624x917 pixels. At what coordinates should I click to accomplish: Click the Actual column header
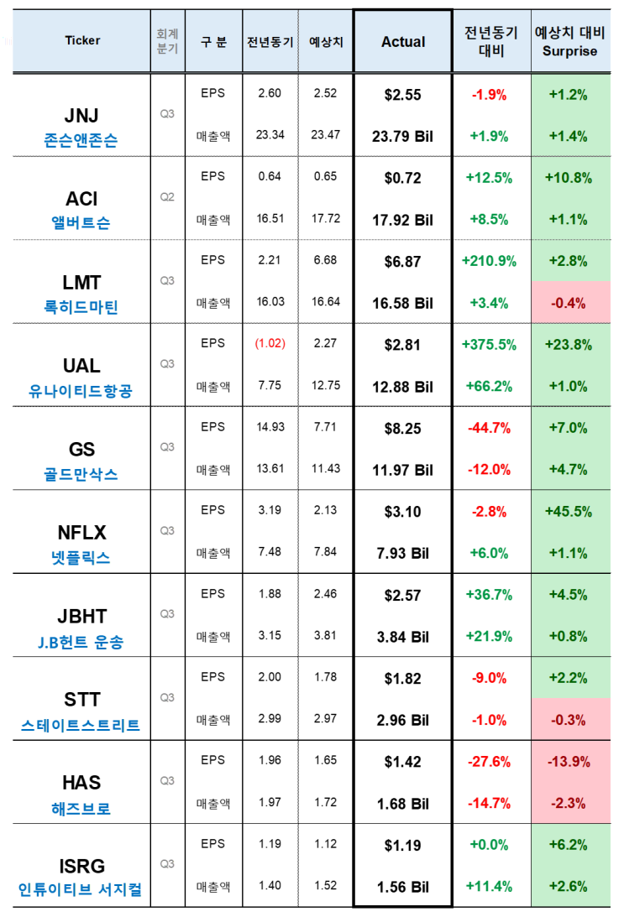tap(403, 42)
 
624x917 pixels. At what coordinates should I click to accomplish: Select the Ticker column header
tap(82, 40)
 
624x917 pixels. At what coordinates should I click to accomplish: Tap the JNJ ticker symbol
tap(81, 116)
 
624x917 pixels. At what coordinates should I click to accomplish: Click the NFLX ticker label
tap(81, 533)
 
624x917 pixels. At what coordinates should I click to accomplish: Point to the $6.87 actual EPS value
tap(403, 262)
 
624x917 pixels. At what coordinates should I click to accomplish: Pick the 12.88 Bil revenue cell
tap(403, 387)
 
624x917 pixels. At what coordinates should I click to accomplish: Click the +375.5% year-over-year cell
tap(490, 345)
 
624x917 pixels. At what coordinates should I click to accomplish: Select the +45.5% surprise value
tap(569, 512)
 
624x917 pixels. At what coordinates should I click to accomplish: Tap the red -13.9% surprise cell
tap(569, 762)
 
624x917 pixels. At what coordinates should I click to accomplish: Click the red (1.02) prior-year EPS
tap(270, 343)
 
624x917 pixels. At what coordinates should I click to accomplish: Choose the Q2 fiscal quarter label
tap(167, 197)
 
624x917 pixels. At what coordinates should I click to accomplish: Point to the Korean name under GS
tap(81, 474)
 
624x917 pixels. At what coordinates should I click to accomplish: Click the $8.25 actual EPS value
tap(403, 429)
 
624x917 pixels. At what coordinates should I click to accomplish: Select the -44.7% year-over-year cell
tap(490, 428)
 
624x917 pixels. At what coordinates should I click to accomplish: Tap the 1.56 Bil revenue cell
tap(403, 887)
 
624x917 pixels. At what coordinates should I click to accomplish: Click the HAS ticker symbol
tap(81, 783)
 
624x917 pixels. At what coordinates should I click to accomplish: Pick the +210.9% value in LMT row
tap(490, 262)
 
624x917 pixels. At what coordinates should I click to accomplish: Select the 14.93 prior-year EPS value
tap(270, 427)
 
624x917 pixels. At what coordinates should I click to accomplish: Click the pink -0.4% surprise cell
tap(569, 304)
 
